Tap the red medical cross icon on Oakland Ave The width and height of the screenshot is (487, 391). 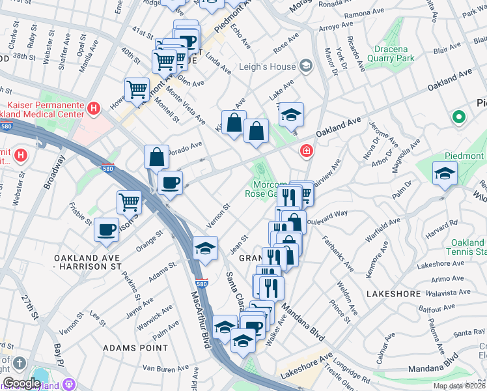[x=305, y=151]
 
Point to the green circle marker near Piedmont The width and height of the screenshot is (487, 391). [x=459, y=117]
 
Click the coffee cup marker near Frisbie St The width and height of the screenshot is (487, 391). [x=106, y=229]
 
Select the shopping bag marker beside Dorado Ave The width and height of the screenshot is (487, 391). [x=157, y=156]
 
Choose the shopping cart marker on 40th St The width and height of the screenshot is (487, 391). [x=137, y=89]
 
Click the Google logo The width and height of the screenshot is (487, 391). [x=21, y=383]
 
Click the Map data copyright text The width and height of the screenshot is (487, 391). [x=460, y=386]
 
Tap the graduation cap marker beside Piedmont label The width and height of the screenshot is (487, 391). [x=445, y=173]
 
